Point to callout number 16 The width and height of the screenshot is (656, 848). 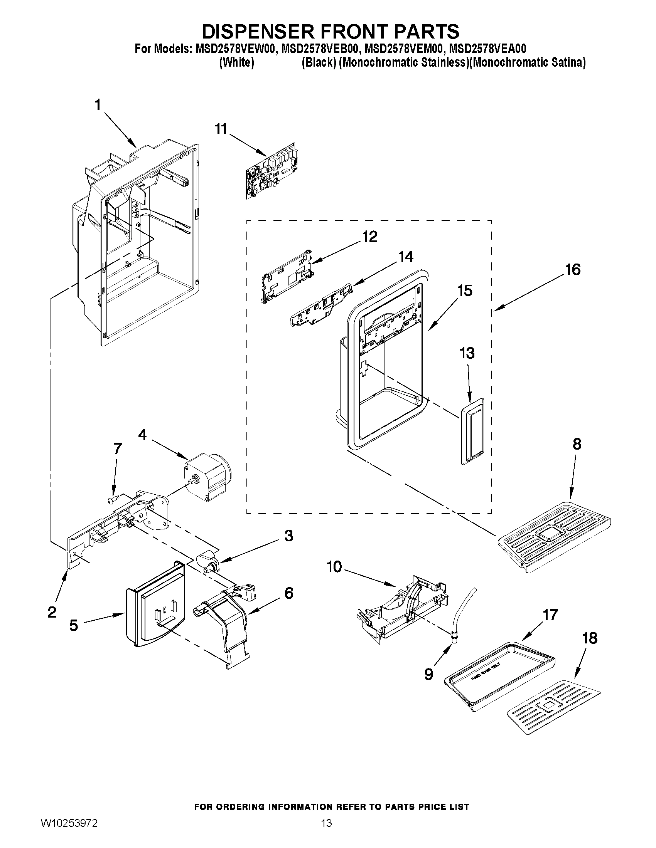pos(573,269)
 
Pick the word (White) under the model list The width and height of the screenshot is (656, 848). pos(237,62)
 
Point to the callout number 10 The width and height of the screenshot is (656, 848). pos(334,567)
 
